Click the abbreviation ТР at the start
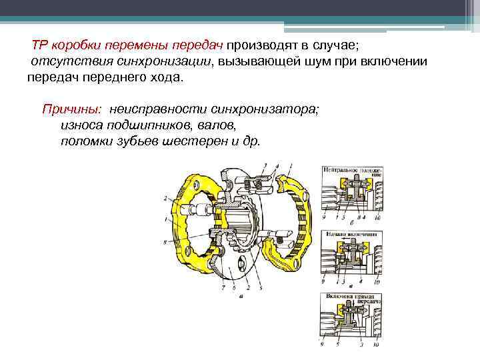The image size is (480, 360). point(41,46)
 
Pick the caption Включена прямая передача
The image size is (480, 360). point(351,297)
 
